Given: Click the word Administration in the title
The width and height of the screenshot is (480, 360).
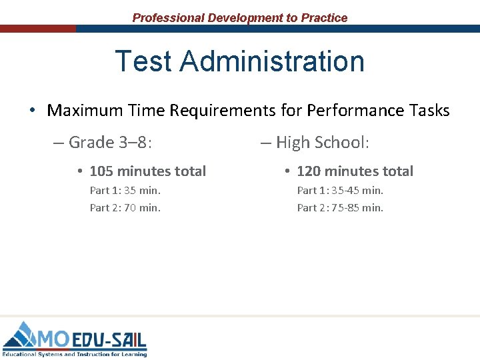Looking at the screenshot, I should click(x=272, y=61).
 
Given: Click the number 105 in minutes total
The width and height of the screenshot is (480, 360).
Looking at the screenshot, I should click(x=102, y=171).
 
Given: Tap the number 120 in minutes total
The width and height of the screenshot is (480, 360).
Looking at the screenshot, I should click(x=309, y=171).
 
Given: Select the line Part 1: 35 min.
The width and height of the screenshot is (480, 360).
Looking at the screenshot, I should click(x=125, y=191).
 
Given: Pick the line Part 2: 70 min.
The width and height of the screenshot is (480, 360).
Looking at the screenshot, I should click(x=125, y=207).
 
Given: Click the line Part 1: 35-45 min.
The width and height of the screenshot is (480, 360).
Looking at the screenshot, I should click(x=340, y=191).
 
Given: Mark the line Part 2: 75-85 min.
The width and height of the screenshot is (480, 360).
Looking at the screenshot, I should click(x=340, y=207).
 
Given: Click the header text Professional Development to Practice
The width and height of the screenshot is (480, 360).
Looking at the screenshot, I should click(x=240, y=18).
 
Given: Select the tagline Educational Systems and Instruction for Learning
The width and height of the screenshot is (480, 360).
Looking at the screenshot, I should click(x=75, y=353).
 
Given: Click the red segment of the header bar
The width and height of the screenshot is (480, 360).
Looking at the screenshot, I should click(x=38, y=29).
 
